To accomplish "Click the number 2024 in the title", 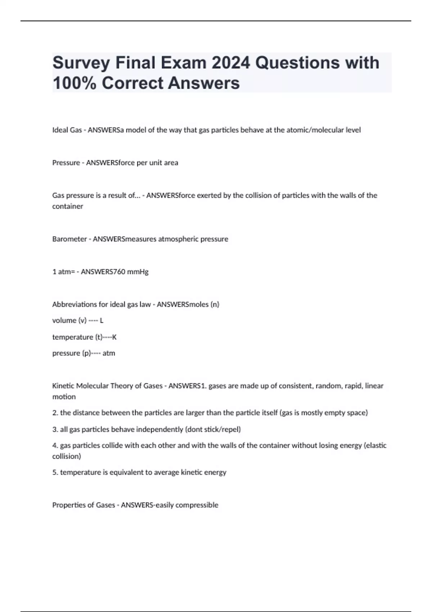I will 230,63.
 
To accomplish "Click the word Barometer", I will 69,239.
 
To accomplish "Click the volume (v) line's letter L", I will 102,320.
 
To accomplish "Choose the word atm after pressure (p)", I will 109,353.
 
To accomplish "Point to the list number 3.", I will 55,429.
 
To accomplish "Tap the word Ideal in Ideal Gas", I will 60,130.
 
